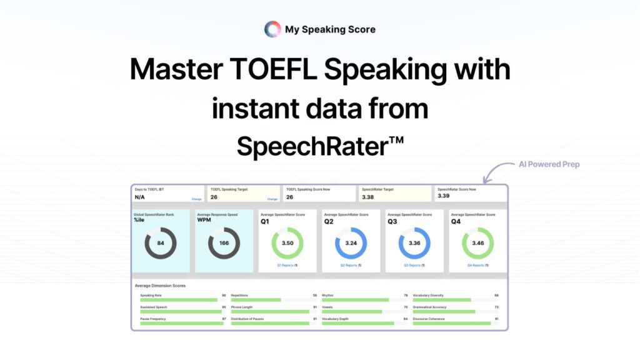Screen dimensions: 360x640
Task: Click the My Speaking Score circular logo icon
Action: [x=272, y=29]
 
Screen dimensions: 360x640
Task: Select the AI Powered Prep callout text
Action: [x=549, y=164]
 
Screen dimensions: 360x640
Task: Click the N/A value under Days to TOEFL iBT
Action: [x=140, y=197]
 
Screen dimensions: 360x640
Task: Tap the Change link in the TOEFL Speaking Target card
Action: [x=272, y=199]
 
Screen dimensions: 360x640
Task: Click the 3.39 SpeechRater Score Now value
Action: [x=443, y=196]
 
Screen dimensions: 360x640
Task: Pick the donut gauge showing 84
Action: [x=161, y=243]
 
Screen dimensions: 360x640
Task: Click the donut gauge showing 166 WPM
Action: [x=224, y=243]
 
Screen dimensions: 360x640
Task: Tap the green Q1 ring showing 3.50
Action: [x=287, y=243]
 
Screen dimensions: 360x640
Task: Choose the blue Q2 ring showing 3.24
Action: [x=351, y=243]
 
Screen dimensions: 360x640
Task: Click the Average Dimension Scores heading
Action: [x=160, y=286]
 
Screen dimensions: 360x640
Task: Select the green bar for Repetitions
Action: [x=256, y=299]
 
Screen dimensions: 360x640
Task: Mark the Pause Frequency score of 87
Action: [x=224, y=319]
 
